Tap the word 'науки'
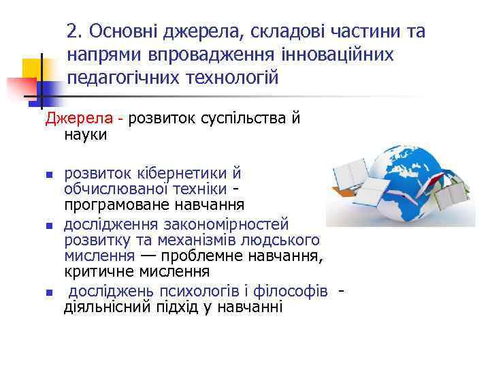click(85, 134)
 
